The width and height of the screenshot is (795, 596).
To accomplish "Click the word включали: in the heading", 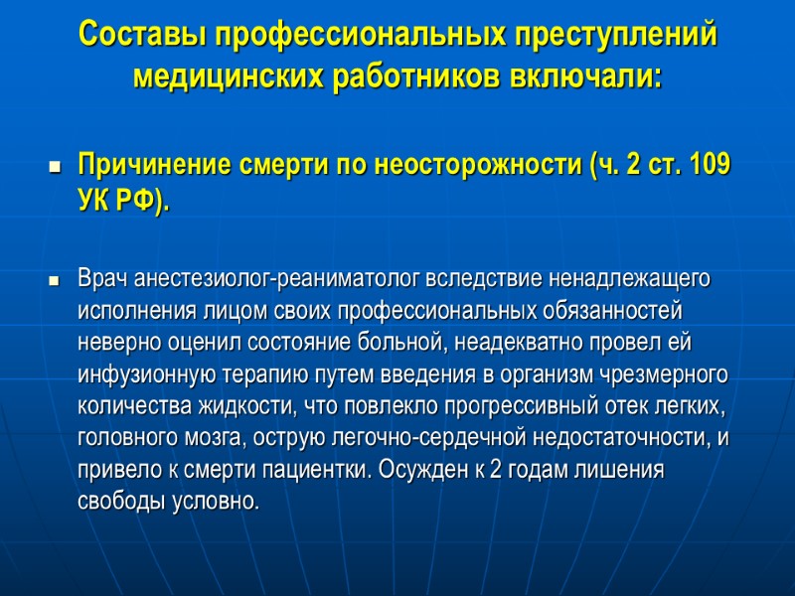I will pos(581,75).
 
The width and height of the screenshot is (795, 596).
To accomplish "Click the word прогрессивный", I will pos(479,408).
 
